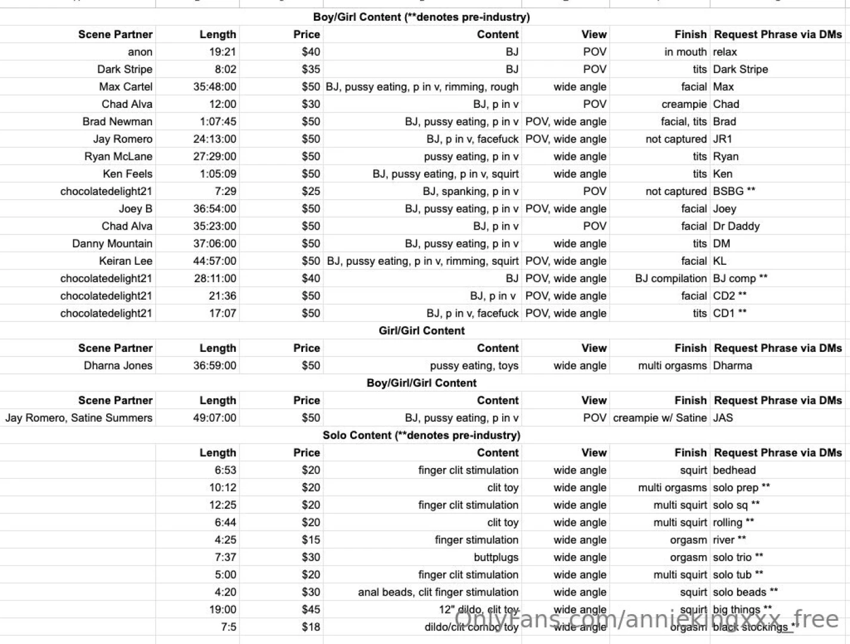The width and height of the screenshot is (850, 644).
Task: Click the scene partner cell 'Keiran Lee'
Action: click(x=125, y=261)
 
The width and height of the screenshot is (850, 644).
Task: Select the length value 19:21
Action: click(x=222, y=52)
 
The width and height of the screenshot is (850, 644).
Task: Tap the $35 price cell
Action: click(x=310, y=69)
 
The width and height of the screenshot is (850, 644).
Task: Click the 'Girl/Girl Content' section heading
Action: click(x=421, y=331)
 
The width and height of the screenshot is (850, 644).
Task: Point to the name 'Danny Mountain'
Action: click(x=112, y=243)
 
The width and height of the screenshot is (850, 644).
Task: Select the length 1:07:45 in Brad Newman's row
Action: click(x=218, y=122)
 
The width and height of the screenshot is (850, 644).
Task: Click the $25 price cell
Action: click(x=310, y=191)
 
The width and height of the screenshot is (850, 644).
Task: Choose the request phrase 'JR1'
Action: click(x=722, y=139)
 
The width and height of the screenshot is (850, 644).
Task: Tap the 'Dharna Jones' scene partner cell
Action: click(x=118, y=366)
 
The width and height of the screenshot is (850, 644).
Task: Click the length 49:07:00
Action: click(x=214, y=418)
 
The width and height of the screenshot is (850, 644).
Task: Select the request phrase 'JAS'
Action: click(x=723, y=418)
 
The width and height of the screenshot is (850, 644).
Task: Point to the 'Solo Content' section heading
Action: click(x=421, y=435)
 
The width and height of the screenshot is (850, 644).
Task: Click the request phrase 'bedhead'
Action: click(x=734, y=470)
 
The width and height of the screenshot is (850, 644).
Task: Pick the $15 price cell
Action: click(x=310, y=540)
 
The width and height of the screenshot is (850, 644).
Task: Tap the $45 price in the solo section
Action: click(x=310, y=609)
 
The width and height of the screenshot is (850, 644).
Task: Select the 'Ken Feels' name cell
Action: click(x=127, y=174)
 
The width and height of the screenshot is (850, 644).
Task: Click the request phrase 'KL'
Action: click(x=720, y=261)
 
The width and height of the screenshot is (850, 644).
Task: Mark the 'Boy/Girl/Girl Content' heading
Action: click(x=421, y=383)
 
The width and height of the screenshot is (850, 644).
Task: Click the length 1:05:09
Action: click(x=218, y=174)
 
